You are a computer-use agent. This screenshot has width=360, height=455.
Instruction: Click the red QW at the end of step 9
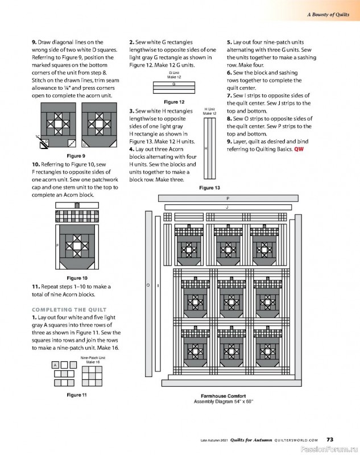(299, 149)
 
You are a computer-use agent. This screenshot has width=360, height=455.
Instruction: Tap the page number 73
(330, 440)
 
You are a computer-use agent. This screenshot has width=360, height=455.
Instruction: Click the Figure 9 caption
(76, 156)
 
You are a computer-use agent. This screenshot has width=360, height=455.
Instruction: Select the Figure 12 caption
(174, 102)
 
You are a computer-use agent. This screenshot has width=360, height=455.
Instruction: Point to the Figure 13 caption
(209, 188)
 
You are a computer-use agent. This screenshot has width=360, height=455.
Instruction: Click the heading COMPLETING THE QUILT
(69, 309)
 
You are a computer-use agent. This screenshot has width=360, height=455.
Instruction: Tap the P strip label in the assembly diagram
(228, 198)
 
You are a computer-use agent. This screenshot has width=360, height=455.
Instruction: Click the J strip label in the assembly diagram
(227, 207)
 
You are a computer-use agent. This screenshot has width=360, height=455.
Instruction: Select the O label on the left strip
(148, 286)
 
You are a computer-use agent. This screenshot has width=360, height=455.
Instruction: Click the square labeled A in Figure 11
(55, 365)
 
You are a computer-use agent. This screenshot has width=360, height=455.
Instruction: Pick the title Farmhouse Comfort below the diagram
(224, 396)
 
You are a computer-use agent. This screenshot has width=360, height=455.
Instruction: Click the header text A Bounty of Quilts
(328, 15)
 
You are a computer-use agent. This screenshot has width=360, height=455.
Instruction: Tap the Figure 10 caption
(77, 278)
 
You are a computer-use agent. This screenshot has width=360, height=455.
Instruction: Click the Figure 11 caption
(77, 395)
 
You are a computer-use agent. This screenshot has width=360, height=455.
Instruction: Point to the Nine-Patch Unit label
(93, 358)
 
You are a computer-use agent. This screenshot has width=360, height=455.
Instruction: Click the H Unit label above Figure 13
(209, 109)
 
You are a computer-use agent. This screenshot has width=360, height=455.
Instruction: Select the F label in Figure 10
(57, 246)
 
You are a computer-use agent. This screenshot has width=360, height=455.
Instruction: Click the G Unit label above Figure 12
(174, 73)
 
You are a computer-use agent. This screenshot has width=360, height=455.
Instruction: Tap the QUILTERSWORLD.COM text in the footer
(296, 440)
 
